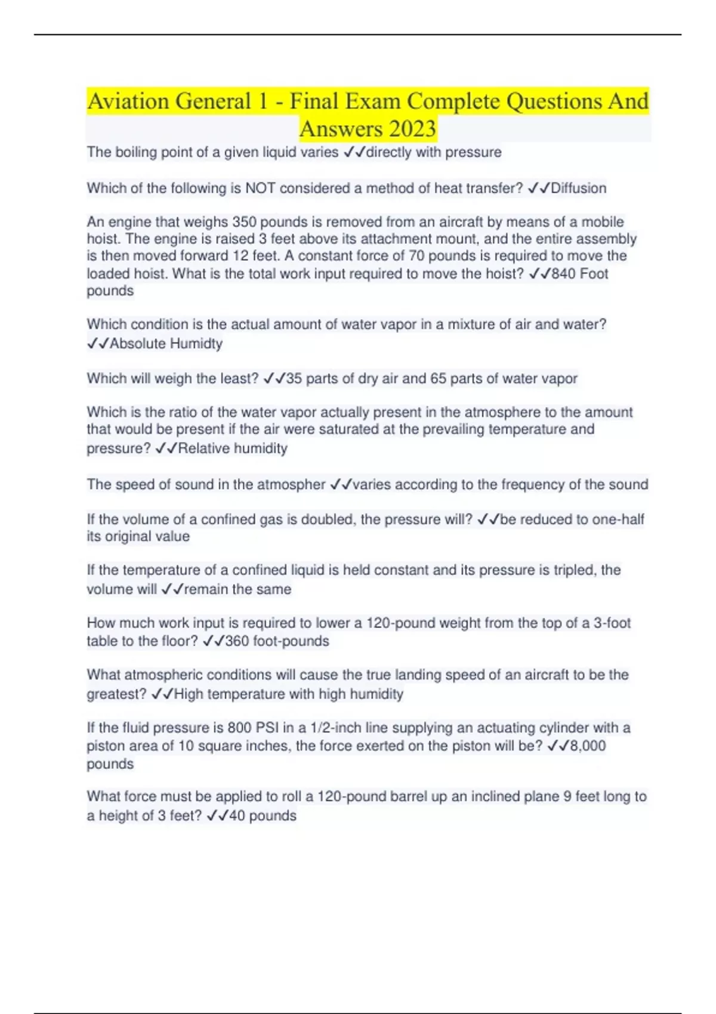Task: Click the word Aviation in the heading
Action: click(128, 101)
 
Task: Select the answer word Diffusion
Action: click(578, 188)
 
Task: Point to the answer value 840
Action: click(563, 274)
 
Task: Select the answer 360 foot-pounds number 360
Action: click(237, 641)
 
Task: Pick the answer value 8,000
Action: click(588, 746)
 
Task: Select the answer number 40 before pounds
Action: click(237, 816)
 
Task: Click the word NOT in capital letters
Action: click(260, 188)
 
